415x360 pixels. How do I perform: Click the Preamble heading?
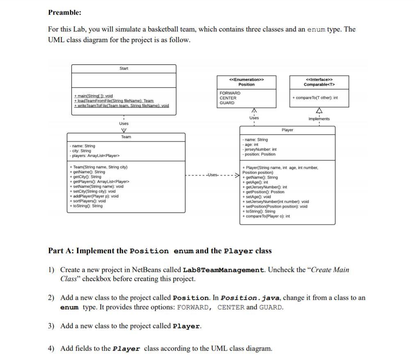(65, 12)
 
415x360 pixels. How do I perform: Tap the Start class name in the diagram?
(124, 68)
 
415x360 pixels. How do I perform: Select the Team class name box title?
(126, 137)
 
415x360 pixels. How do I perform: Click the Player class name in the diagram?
(287, 130)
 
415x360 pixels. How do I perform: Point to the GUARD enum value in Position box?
(227, 103)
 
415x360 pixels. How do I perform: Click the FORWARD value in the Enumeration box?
(230, 93)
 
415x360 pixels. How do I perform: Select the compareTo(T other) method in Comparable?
(315, 98)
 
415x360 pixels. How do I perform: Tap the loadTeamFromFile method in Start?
(114, 101)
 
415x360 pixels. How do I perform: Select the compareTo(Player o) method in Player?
(266, 216)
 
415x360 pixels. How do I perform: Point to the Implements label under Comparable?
(319, 119)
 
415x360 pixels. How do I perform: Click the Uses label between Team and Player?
(212, 175)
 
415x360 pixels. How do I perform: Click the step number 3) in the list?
(51, 326)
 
